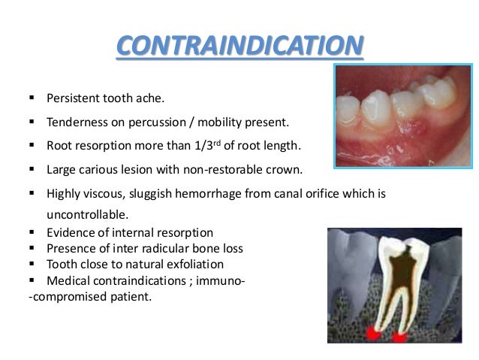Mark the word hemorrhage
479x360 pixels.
201,193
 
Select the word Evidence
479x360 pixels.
69,232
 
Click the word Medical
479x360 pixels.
66,281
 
